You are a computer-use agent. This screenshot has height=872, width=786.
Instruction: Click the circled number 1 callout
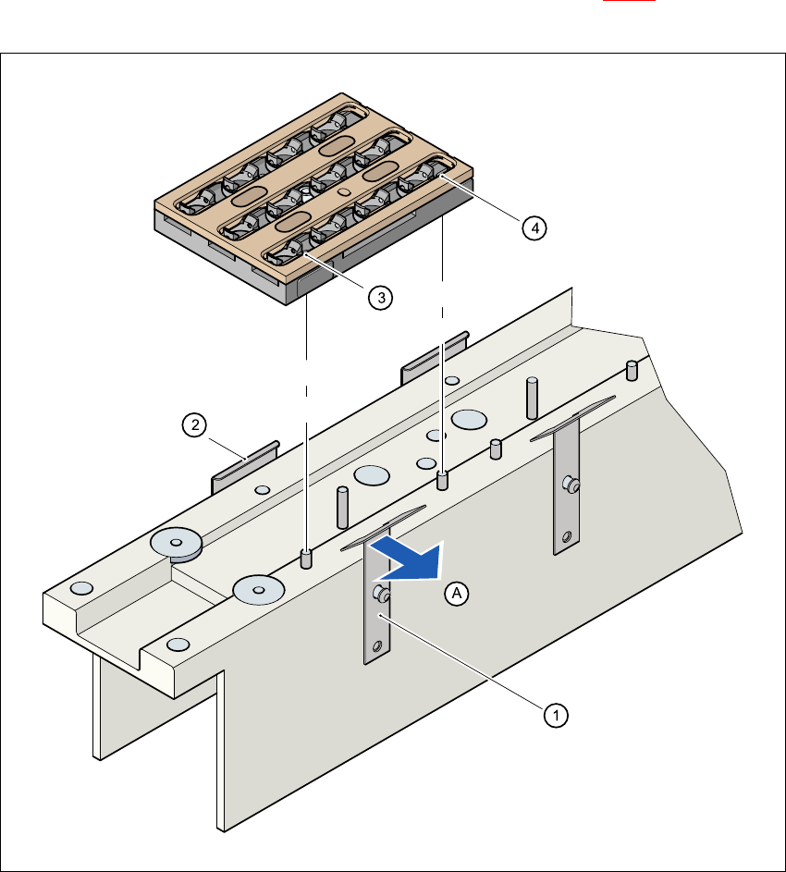(556, 714)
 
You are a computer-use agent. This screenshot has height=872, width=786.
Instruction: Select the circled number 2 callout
(193, 425)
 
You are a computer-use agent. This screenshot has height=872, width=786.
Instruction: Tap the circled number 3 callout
(379, 297)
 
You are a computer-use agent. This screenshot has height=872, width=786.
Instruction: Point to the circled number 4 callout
(533, 228)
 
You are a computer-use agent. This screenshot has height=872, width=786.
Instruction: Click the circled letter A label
(454, 595)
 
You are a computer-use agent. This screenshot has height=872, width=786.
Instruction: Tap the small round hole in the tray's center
(344, 192)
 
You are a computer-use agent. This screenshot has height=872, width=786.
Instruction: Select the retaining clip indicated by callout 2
(246, 466)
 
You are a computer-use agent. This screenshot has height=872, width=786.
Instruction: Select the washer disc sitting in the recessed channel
(177, 545)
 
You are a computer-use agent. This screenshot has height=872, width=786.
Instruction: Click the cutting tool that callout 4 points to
(426, 175)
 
